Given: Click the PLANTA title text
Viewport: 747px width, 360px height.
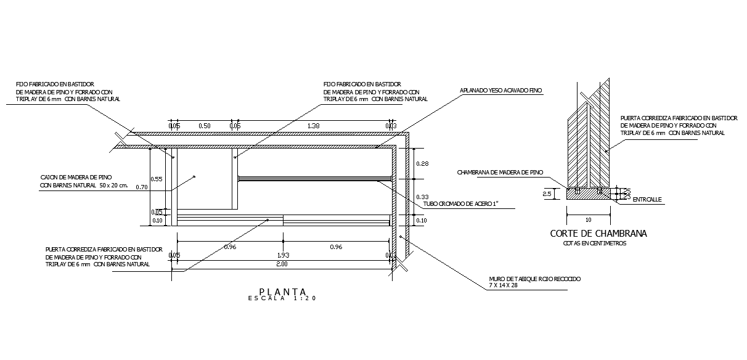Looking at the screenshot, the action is [283, 292].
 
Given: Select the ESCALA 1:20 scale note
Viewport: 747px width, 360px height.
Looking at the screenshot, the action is [283, 299].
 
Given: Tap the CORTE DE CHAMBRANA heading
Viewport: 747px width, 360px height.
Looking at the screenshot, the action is [598, 234].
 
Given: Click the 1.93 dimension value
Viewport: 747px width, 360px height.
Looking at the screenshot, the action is [284, 255].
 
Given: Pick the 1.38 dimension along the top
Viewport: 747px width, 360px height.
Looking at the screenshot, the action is [313, 126].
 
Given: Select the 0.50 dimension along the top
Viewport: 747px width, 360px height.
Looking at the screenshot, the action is [204, 126].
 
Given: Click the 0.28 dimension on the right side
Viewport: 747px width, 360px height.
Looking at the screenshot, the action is [423, 163].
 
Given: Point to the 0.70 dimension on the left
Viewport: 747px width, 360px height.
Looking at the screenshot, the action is [142, 187].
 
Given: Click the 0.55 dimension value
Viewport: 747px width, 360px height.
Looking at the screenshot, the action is [157, 179].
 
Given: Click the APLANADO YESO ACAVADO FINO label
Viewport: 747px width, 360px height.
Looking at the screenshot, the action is [500, 91].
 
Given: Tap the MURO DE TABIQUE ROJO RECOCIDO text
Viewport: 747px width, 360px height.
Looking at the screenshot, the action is [534, 279].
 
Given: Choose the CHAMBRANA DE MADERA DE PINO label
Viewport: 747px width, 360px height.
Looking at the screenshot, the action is [500, 173].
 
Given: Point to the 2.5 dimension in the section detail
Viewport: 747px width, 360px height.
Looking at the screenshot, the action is [547, 194].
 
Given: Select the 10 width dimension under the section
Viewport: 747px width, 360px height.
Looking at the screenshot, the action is [589, 219].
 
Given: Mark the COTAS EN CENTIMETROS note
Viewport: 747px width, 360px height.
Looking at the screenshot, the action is [595, 243].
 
